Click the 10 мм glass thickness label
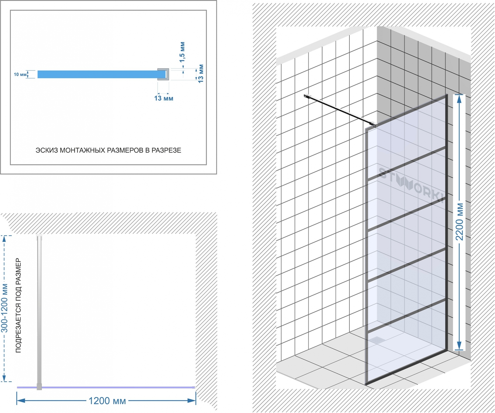coord(20,74)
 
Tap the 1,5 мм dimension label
coord(182,52)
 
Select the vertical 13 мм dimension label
coord(201,73)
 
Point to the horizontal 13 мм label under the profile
coord(164,98)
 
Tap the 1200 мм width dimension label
coord(107,401)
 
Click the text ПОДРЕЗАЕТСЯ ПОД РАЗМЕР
coord(19,306)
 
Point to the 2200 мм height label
coord(460,222)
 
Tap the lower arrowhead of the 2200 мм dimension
coord(459,346)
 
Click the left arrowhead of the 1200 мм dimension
coord(21,401)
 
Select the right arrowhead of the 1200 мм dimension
coord(192,401)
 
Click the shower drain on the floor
coord(377,340)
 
